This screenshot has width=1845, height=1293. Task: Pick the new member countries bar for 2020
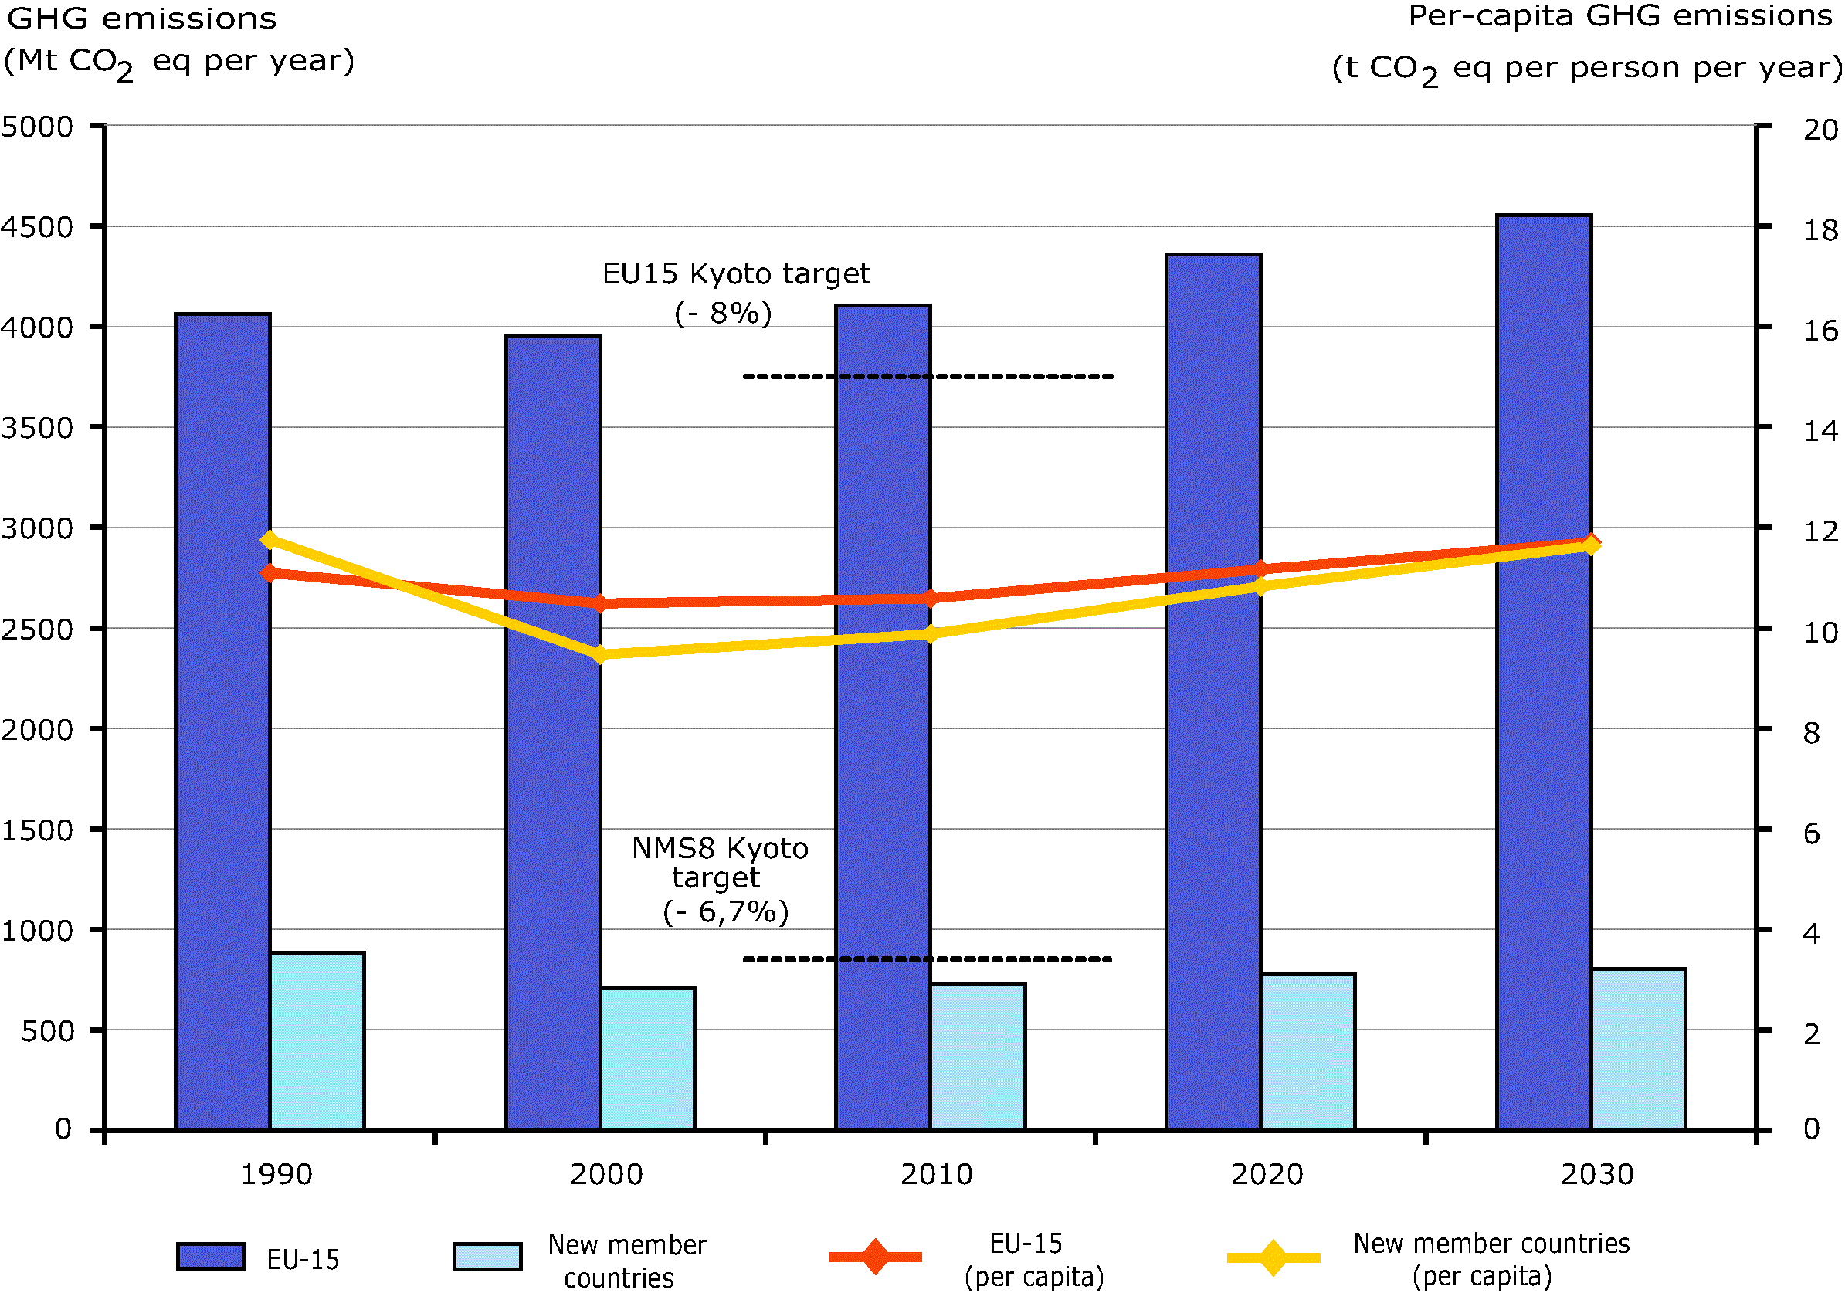[x=1307, y=1052]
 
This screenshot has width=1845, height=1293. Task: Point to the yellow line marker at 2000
[x=599, y=655]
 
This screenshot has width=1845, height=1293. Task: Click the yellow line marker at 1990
[x=270, y=540]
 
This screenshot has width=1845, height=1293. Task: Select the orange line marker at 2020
[x=1260, y=570]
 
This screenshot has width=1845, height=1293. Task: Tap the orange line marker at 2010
[x=931, y=598]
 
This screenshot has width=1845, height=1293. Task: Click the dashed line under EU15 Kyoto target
[x=928, y=376]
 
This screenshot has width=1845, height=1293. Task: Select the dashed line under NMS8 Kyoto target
[x=928, y=959]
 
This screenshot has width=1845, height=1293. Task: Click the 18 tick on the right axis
[x=1820, y=231]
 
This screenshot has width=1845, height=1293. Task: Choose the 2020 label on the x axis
[x=1267, y=1175]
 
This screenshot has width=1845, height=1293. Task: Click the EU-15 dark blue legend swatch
[x=211, y=1257]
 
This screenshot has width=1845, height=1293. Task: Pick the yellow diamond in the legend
[x=1273, y=1257]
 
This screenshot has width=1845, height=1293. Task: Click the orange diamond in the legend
[x=875, y=1257]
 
